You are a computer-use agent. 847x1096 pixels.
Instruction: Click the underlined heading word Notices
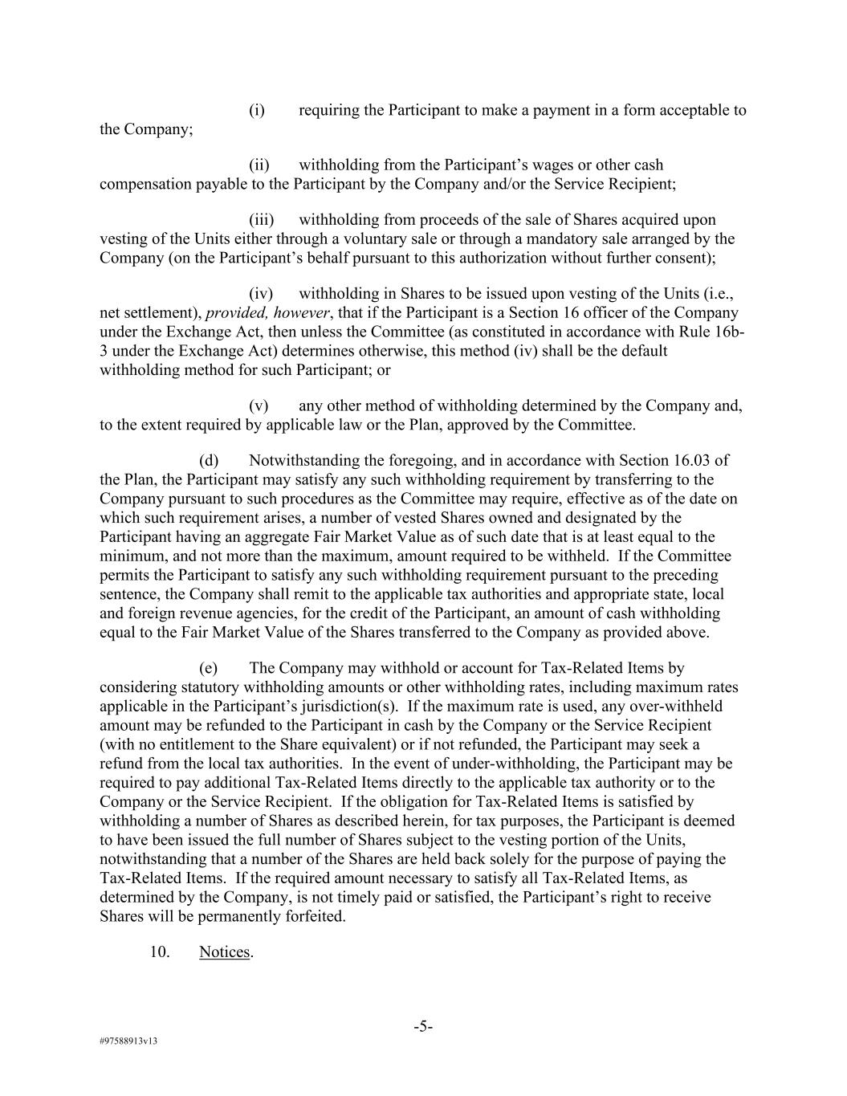224,952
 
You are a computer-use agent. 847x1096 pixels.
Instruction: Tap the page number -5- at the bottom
423,1026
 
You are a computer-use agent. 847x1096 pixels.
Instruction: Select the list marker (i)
256,110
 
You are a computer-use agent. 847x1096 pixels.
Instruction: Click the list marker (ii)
259,165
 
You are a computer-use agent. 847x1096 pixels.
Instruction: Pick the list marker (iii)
261,219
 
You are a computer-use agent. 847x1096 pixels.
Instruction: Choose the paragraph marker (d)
209,460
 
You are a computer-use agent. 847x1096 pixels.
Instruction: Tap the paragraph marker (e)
209,668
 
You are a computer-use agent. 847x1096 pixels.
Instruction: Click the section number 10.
159,952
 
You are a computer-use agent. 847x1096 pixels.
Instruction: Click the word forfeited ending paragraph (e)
313,916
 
